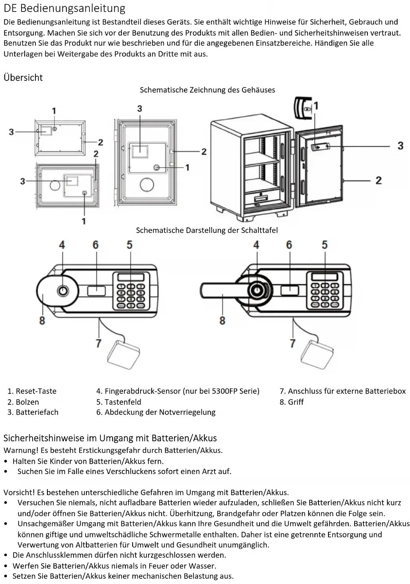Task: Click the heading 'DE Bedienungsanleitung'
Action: point(64,9)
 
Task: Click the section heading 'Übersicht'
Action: point(23,77)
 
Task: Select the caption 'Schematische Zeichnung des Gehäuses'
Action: point(207,90)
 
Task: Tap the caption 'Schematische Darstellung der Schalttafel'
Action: point(207,230)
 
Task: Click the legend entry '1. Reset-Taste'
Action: point(32,391)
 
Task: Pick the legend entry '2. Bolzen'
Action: point(23,402)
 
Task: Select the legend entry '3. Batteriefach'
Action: point(33,412)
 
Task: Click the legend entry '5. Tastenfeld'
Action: point(119,402)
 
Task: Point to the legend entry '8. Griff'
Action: point(291,402)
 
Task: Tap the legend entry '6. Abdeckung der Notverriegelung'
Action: point(156,412)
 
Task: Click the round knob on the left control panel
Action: point(57,291)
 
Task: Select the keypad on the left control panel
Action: point(131,291)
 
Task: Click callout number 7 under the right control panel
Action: point(293,343)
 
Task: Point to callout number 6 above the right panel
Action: point(289,245)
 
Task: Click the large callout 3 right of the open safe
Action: point(400,146)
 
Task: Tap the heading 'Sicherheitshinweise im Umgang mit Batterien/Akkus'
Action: point(110,438)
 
